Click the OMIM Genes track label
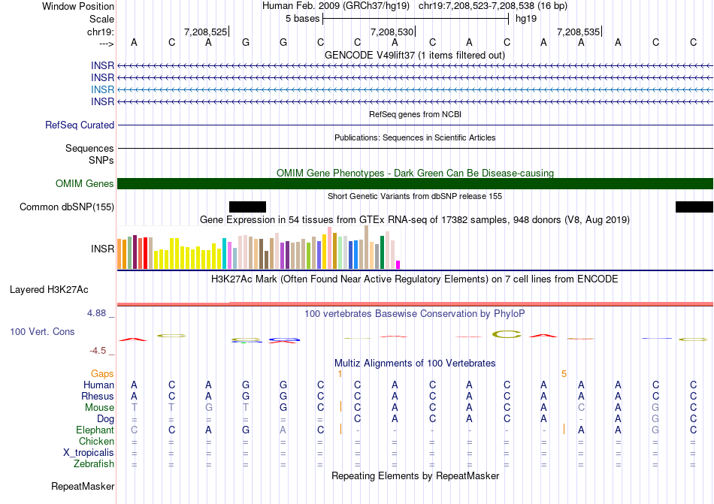pyautogui.click(x=84, y=184)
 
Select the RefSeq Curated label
pyautogui.click(x=80, y=125)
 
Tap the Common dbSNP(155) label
pyautogui.click(x=67, y=207)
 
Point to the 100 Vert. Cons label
pyautogui.click(x=42, y=331)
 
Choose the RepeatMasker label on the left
pyautogui.click(x=83, y=487)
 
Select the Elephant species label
pyautogui.click(x=95, y=430)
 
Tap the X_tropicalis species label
pyautogui.click(x=89, y=453)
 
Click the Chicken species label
pyautogui.click(x=96, y=442)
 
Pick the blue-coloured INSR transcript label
pyautogui.click(x=102, y=89)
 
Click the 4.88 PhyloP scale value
pyautogui.click(x=98, y=313)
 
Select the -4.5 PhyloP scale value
pyautogui.click(x=99, y=350)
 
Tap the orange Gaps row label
pyautogui.click(x=102, y=373)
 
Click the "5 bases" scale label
pyautogui.click(x=302, y=18)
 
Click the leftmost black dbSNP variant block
pyautogui.click(x=247, y=207)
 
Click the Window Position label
pyautogui.click(x=78, y=6)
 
